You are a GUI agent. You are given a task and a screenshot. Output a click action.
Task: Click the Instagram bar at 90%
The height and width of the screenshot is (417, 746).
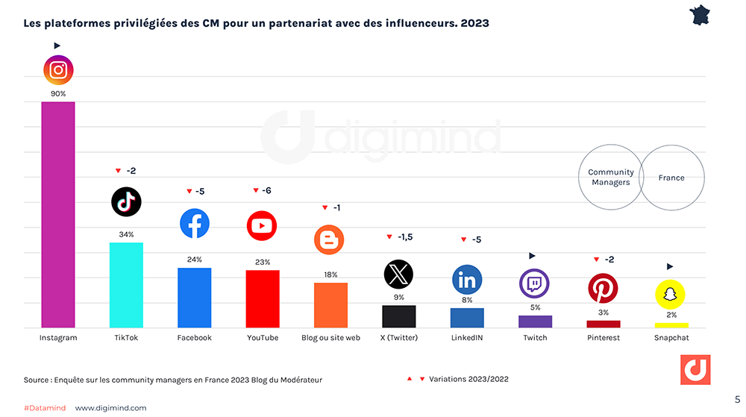click(x=58, y=215)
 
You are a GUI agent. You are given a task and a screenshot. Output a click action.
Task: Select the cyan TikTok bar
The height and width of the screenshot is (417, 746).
click(x=126, y=285)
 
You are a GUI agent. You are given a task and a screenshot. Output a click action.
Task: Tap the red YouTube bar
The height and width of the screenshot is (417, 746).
click(x=263, y=298)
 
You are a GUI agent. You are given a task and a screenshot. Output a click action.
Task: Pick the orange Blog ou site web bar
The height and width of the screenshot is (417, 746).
click(x=330, y=305)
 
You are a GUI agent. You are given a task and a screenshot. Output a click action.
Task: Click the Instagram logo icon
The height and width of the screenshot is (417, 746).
click(x=58, y=70)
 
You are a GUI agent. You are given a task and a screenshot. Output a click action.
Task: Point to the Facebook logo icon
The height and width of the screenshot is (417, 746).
click(x=195, y=223)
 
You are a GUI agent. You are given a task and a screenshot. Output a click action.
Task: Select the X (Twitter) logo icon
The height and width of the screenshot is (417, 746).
click(x=398, y=274)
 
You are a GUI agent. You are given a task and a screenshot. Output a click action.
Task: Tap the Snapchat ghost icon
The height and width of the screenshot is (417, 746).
click(x=670, y=294)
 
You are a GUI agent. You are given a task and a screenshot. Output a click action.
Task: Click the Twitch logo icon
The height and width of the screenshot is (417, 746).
click(x=534, y=283)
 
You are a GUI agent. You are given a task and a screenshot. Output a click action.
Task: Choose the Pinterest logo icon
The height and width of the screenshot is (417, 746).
click(x=603, y=288)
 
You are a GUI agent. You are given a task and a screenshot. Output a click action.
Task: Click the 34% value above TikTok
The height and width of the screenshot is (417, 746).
click(x=126, y=234)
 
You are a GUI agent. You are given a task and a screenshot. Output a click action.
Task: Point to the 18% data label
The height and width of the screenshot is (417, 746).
click(x=330, y=275)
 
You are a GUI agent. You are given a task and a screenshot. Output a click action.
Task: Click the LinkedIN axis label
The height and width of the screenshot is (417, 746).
click(x=466, y=338)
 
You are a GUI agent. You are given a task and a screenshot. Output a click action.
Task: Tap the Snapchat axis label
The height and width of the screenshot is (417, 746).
click(x=671, y=338)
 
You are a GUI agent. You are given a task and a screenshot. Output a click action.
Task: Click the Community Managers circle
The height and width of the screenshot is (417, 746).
click(x=611, y=177)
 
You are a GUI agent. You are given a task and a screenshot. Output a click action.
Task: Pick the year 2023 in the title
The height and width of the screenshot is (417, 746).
click(x=474, y=23)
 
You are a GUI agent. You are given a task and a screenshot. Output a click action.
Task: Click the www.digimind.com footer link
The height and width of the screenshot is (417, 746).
click(x=110, y=408)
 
